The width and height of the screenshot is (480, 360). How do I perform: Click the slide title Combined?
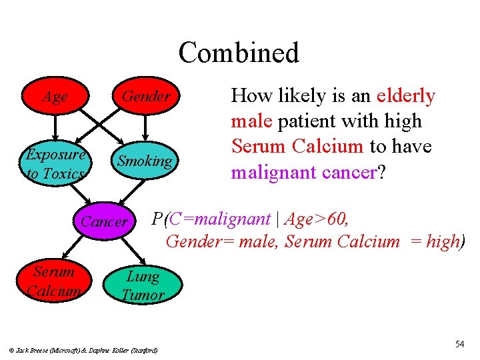[239, 53]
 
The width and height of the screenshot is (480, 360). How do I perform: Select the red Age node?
[55, 97]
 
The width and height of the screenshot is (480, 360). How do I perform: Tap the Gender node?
[145, 97]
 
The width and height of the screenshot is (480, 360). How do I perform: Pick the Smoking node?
[145, 161]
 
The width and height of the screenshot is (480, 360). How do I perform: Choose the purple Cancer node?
[104, 221]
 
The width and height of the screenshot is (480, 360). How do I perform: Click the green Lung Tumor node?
[142, 285]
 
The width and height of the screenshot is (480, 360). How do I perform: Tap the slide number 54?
[459, 344]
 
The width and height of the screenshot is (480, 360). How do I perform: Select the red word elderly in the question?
[405, 96]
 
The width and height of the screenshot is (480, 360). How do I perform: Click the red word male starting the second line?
[248, 121]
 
